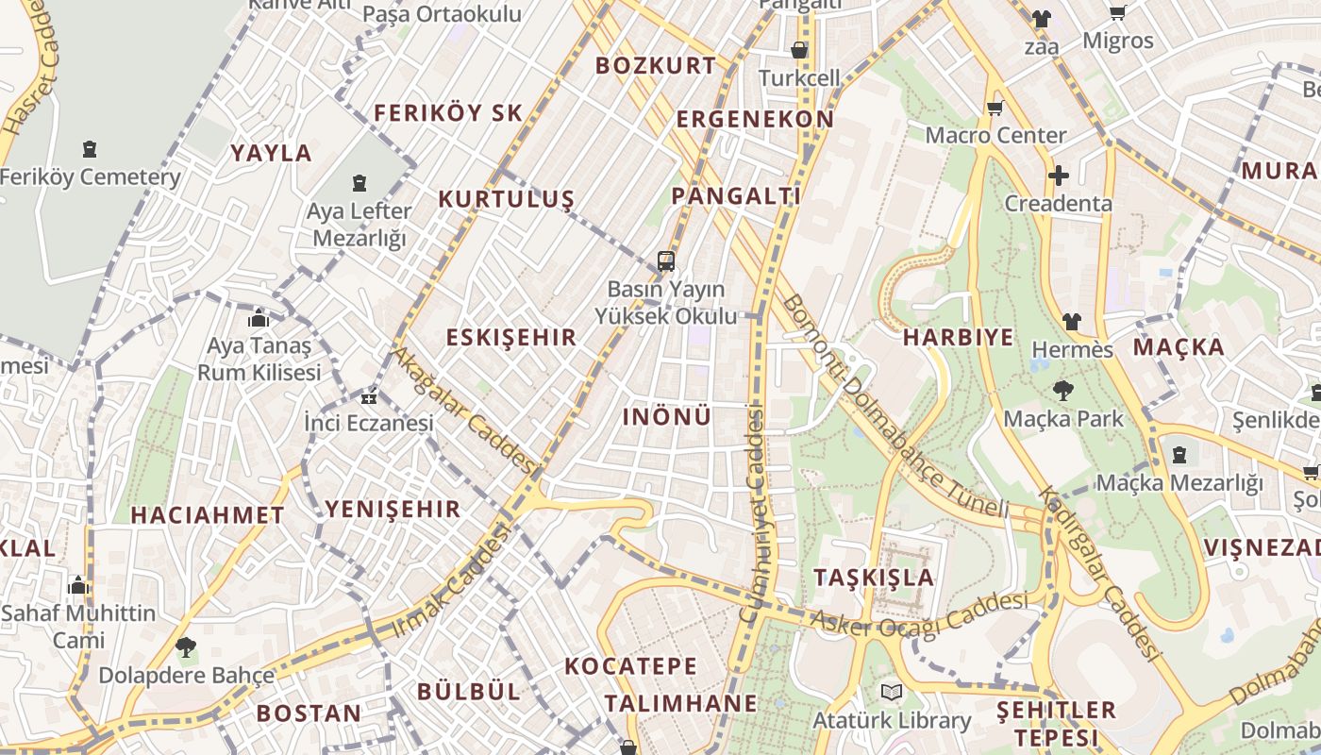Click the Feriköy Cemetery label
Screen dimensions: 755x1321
pyautogui.click(x=91, y=176)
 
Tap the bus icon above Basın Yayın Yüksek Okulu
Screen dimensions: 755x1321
pyautogui.click(x=666, y=261)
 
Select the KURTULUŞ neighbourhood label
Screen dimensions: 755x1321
pyautogui.click(x=506, y=199)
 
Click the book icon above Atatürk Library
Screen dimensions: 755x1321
pyautogui.click(x=892, y=693)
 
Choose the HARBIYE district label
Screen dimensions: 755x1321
pyautogui.click(x=958, y=337)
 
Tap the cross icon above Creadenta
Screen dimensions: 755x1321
pyautogui.click(x=1059, y=176)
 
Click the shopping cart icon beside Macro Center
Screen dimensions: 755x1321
pyautogui.click(x=995, y=109)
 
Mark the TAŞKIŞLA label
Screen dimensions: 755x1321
pyautogui.click(x=874, y=577)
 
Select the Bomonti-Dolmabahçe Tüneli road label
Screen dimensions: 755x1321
pyautogui.click(x=896, y=409)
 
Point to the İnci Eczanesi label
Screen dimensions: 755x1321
pyautogui.click(x=368, y=423)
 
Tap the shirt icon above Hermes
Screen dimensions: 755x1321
pyautogui.click(x=1071, y=322)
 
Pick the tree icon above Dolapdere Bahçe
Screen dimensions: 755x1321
pyautogui.click(x=186, y=647)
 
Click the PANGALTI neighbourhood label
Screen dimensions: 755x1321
pyautogui.click(x=736, y=195)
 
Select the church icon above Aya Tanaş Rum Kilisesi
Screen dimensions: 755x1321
pyautogui.click(x=259, y=319)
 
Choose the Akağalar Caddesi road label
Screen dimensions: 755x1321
pyautogui.click(x=464, y=411)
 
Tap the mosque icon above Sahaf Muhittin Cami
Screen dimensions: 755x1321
pyautogui.click(x=78, y=586)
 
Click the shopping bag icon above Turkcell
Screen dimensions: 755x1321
pyautogui.click(x=799, y=50)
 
